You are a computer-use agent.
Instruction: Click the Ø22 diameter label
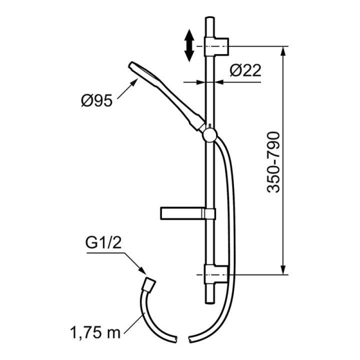(x=245, y=70)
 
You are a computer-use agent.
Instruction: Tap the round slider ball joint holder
(x=209, y=134)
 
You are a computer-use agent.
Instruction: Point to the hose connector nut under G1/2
(x=148, y=281)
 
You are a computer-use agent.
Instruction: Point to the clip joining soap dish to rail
(x=209, y=213)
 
